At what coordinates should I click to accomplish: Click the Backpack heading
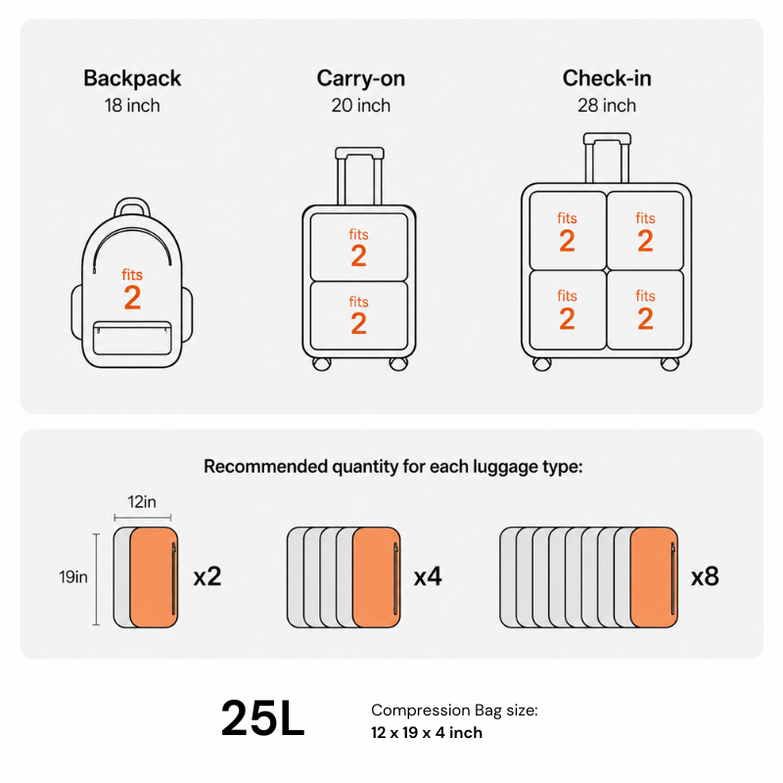[132, 78]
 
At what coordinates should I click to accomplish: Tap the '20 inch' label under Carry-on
[360, 106]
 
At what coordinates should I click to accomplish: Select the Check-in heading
[607, 78]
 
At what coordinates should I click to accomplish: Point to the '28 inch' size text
[607, 106]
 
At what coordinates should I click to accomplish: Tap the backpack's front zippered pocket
[132, 338]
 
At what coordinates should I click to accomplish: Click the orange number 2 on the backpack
[132, 298]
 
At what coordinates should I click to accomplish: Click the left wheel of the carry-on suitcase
[322, 363]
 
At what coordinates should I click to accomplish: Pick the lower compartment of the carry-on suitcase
[359, 315]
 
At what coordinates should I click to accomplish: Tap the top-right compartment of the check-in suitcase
[645, 231]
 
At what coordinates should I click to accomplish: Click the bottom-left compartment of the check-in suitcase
[568, 309]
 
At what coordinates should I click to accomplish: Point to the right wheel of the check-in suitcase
[669, 364]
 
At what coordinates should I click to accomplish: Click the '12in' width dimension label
[142, 501]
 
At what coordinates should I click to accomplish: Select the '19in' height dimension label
[73, 576]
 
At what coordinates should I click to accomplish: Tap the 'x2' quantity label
[207, 576]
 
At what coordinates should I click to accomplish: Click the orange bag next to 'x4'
[377, 577]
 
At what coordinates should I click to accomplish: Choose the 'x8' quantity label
[705, 576]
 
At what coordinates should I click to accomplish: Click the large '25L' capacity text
[262, 718]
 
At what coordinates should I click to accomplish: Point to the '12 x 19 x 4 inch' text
[427, 732]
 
